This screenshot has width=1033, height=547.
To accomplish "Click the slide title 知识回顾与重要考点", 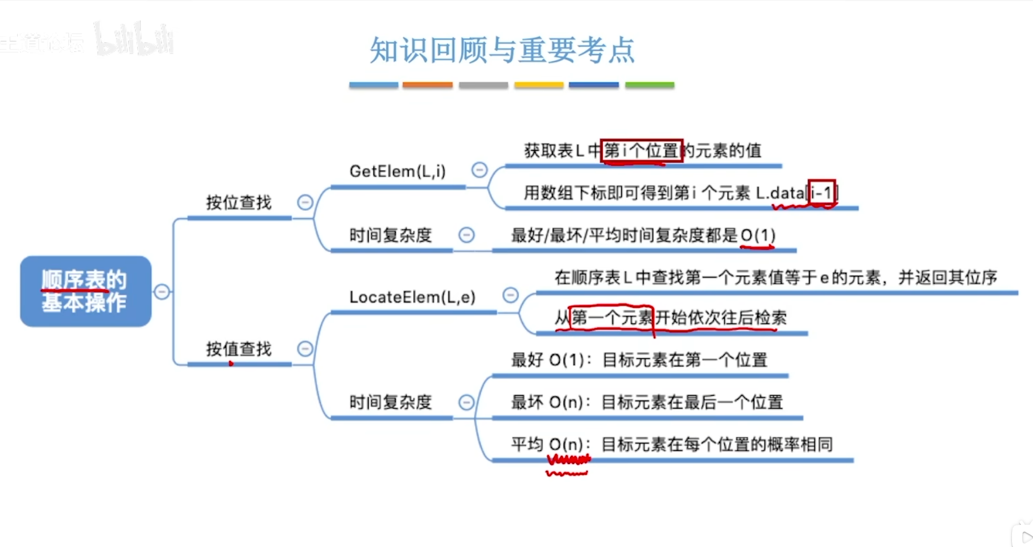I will pos(502,50).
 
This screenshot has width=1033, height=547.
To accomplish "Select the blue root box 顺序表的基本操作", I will pos(85,291).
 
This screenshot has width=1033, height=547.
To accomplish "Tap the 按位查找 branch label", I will pos(239,202).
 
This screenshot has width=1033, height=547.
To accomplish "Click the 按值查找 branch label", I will pos(239,349).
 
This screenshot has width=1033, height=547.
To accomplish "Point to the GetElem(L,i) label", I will pos(398,171).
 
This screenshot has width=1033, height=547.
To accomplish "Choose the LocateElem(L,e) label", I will pos(412,297).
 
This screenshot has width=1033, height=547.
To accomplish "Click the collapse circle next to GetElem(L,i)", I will pos(480,170).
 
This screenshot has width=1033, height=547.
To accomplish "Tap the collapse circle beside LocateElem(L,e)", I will pos(510,295).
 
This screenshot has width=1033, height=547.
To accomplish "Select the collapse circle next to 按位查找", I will pos(305,202).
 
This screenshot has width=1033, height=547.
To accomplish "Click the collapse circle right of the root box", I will pos(162,292).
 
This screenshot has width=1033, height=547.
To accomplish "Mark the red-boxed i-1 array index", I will pos(821,193).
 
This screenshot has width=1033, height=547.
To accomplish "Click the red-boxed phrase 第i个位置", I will pos(642,151).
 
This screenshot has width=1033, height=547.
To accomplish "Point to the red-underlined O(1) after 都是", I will pos(758,235).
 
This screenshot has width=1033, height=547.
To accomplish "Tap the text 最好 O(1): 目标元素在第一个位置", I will pos(639,360).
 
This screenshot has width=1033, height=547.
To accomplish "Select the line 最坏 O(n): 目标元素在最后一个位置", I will pos(647,402).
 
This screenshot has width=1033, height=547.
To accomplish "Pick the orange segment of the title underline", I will pos(427,85).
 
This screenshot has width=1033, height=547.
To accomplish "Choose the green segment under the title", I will pos(649,85).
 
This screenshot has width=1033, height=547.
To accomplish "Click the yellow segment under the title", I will pos(539,85).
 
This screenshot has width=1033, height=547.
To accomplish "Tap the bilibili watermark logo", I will pos(134,40).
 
